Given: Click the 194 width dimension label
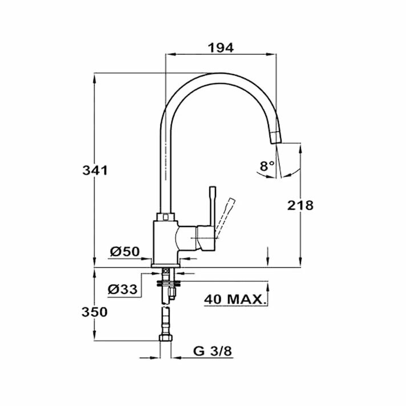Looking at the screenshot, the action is click(x=221, y=48).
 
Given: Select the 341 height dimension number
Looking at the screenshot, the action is click(x=95, y=170).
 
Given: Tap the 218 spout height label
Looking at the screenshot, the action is click(x=301, y=205).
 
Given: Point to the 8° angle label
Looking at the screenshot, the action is click(x=267, y=166).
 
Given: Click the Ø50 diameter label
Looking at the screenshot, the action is click(x=125, y=251).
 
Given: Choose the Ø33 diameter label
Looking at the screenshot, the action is click(x=123, y=289).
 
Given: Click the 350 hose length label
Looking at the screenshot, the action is click(x=95, y=312).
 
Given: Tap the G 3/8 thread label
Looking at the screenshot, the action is click(x=213, y=351).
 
